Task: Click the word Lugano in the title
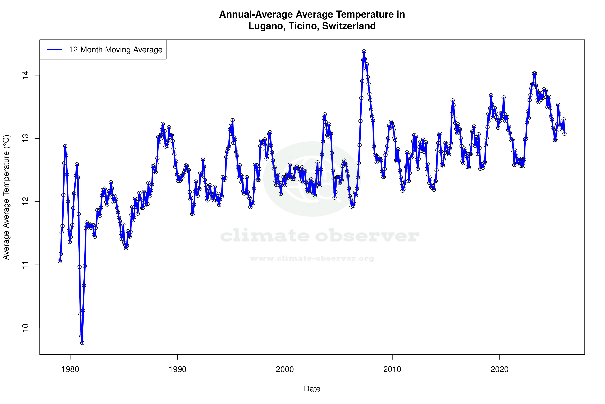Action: tap(267, 26)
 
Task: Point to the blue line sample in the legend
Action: tap(54, 49)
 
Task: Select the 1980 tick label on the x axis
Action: tap(70, 369)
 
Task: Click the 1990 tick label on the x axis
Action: tap(177, 369)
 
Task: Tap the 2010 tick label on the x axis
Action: tap(392, 369)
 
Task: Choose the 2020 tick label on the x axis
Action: tap(499, 369)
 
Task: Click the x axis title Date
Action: tap(312, 389)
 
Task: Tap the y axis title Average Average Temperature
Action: tap(6, 197)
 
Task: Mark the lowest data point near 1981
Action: tap(82, 343)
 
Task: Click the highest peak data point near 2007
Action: tap(364, 52)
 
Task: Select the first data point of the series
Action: tap(60, 261)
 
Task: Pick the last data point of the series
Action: tap(564, 133)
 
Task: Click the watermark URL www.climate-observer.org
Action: tap(312, 258)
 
